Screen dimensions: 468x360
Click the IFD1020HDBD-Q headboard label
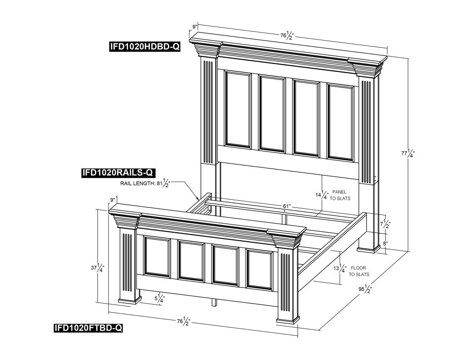(145, 46)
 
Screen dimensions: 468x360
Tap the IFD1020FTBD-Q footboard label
(88, 328)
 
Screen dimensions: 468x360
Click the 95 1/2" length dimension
(365, 289)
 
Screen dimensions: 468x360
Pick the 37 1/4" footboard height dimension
(98, 267)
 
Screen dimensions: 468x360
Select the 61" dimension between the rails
(287, 206)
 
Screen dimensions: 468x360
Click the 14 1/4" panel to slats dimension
(322, 195)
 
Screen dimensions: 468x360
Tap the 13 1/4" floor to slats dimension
(340, 268)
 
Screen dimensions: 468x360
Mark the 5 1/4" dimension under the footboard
(159, 298)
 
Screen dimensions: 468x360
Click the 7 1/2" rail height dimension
(385, 223)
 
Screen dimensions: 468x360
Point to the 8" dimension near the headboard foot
(385, 243)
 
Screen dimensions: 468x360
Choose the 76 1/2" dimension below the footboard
(184, 321)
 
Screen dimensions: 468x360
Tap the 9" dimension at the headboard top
(194, 27)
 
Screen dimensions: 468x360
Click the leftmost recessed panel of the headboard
(238, 109)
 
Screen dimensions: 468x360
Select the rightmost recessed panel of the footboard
(259, 270)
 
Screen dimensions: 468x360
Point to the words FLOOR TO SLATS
(359, 271)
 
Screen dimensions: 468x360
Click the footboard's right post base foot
(288, 320)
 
